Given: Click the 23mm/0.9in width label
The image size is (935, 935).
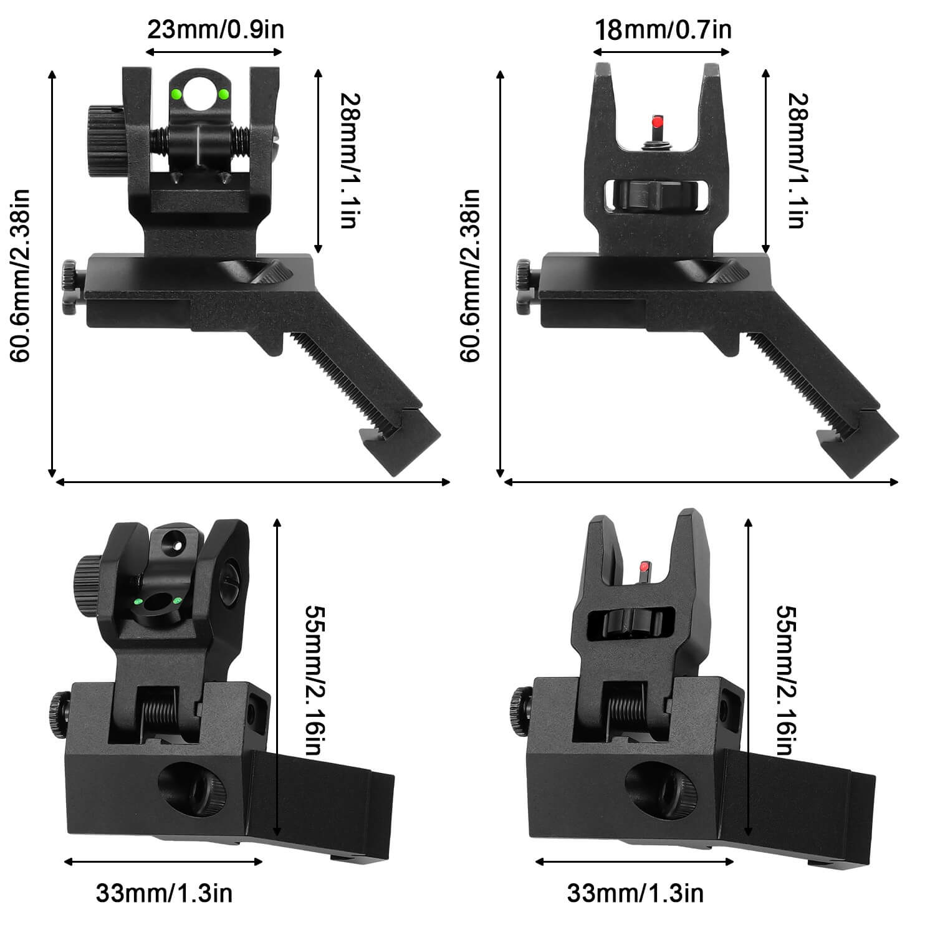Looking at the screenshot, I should (215, 29).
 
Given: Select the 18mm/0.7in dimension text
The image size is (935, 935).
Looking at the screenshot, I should (663, 29).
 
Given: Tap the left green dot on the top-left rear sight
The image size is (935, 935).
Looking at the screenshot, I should (176, 94).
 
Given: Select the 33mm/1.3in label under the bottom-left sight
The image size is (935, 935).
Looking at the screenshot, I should (164, 893).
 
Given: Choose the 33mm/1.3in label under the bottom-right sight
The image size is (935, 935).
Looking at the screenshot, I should (635, 893).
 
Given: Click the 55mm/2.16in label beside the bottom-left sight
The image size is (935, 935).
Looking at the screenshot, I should (314, 679).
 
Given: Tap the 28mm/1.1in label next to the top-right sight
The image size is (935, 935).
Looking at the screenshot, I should (796, 161).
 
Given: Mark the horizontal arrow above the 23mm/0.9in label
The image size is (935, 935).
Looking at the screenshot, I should (214, 50).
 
